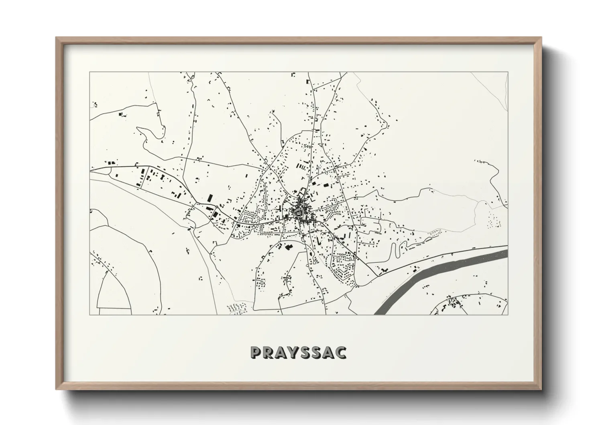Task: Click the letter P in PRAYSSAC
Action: coord(256,352)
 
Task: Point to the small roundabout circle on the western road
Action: coord(216,206)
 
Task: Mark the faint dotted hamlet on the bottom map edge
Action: coord(235,309)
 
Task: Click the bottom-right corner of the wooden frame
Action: coord(541,388)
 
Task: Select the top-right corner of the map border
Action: coord(508,72)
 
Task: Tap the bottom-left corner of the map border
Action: coord(90,315)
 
